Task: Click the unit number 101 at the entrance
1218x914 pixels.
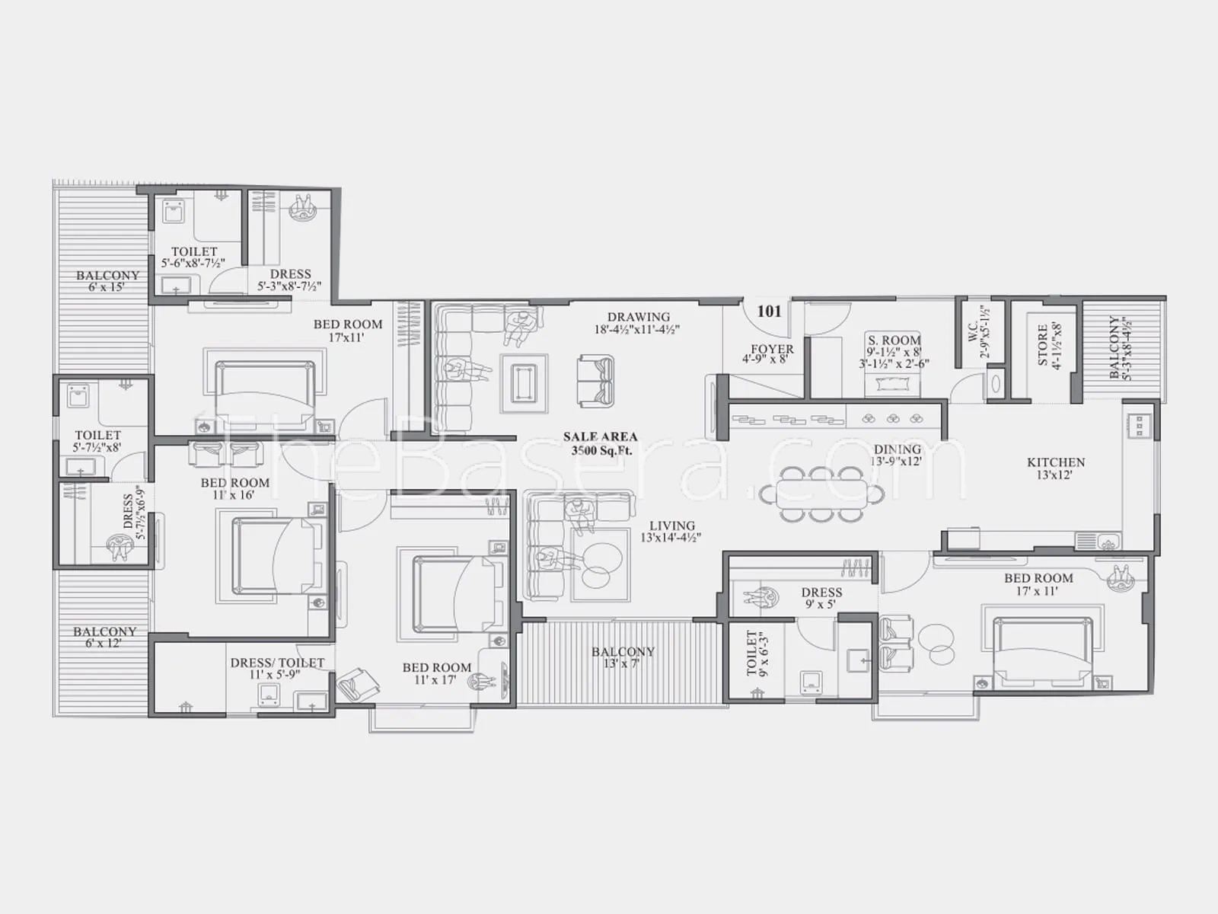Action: pos(769,312)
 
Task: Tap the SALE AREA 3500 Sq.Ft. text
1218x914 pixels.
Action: pos(601,443)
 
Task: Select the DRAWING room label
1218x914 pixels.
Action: pos(638,317)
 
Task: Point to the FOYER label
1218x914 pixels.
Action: pos(772,349)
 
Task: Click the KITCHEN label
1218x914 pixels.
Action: pos(1055,462)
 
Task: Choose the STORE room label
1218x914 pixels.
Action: pos(1042,344)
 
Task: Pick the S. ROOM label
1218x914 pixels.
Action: pos(894,340)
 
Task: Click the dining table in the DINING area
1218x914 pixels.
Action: pos(822,494)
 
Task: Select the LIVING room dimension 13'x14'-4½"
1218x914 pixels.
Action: pos(671,538)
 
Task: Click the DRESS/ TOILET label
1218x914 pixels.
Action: pos(277,663)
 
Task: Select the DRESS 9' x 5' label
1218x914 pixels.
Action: pos(821,598)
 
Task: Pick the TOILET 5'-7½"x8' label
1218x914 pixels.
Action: pos(97,441)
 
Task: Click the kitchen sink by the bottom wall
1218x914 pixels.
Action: pos(1098,541)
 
